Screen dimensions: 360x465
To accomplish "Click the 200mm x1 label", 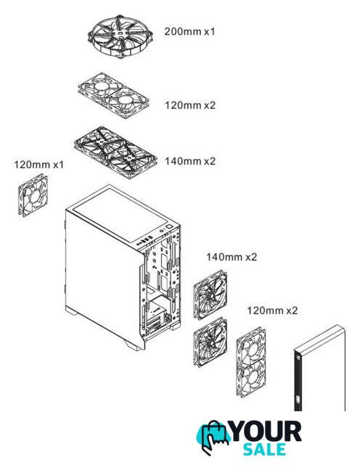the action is click(189, 31).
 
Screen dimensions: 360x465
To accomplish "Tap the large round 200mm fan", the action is click(120, 36).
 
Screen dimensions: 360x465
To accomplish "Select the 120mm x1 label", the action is click(38, 164).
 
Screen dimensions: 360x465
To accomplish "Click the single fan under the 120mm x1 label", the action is click(33, 195).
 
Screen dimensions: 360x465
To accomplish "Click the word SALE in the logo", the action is click(265, 449).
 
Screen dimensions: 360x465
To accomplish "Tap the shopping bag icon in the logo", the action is click(213, 437).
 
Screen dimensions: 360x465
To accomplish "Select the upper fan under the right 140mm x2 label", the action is click(210, 294).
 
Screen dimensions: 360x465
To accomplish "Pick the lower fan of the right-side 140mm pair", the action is click(210, 342).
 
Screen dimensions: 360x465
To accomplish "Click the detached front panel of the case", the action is click(319, 368).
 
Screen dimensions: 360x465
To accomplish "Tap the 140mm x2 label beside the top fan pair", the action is click(190, 161).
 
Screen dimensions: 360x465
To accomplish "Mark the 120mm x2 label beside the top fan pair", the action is click(190, 105).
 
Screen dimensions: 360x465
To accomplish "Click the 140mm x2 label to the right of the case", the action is click(232, 256).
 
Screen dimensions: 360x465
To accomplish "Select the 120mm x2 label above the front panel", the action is click(272, 310).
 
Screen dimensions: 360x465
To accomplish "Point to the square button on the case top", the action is click(169, 227).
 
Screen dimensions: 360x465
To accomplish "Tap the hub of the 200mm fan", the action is click(120, 33).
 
